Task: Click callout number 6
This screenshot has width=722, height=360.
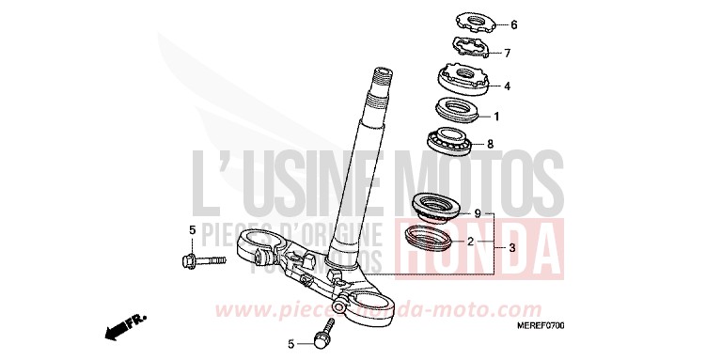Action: pos(513,24)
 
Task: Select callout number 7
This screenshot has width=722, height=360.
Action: pos(507,53)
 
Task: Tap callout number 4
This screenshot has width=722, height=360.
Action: pos(507,86)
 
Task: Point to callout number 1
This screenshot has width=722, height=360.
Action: pos(496,117)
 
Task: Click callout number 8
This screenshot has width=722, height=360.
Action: pos(489,145)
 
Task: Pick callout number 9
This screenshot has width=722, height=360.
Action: pos(478,214)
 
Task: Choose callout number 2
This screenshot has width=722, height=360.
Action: pos(469,242)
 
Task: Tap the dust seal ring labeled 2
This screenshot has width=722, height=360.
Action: pos(432,238)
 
